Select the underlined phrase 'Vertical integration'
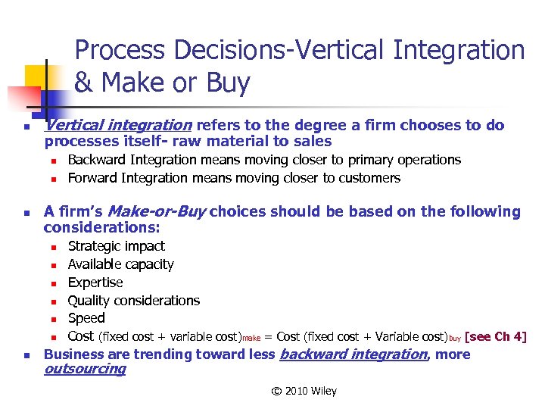[118, 125]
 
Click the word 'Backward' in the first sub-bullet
[97, 160]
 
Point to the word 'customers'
[369, 178]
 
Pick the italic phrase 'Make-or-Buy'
[157, 211]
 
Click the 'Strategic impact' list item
[116, 246]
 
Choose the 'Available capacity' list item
[120, 264]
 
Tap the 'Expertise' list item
[95, 283]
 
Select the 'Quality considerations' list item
[133, 301]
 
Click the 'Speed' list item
[86, 318]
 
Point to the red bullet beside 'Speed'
[54, 319]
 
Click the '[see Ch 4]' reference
[495, 337]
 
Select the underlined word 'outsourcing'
[85, 370]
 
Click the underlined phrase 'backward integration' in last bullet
[353, 354]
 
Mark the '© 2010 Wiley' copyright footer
[304, 391]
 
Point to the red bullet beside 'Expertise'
[54, 283]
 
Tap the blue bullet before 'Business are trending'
[26, 355]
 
